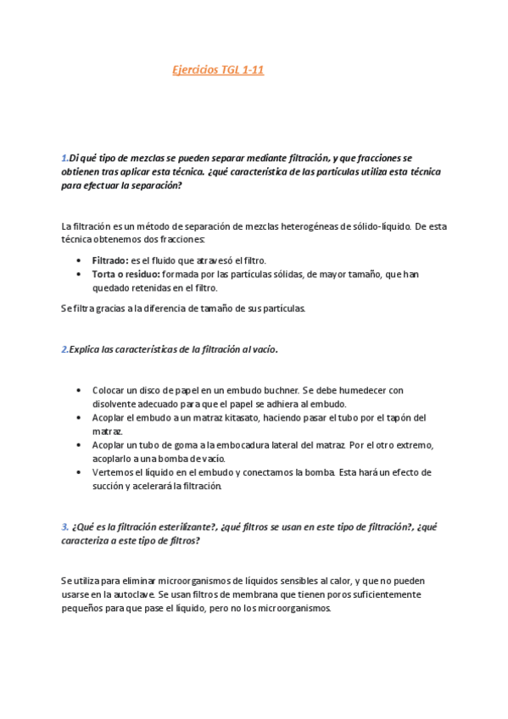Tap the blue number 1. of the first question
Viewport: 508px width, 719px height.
tap(64, 158)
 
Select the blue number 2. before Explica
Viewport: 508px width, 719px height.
tap(64, 349)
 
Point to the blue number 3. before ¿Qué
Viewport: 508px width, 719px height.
tap(64, 526)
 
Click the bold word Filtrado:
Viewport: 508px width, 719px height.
tap(110, 260)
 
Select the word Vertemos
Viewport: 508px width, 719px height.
tap(112, 472)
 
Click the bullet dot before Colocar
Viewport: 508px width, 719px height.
tap(80, 391)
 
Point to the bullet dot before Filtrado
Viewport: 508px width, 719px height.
tap(80, 261)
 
